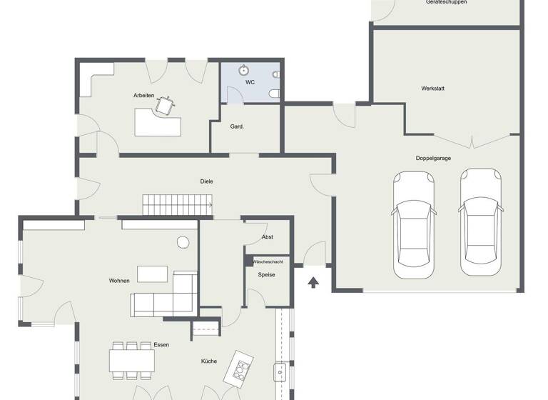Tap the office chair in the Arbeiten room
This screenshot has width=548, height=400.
[165, 105]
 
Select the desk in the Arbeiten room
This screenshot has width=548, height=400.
[158, 122]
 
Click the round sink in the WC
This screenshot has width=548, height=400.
[244, 70]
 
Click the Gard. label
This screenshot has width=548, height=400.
[237, 126]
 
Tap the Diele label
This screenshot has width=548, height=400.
[206, 181]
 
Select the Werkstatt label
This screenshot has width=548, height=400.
[432, 89]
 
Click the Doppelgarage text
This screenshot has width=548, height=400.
[433, 158]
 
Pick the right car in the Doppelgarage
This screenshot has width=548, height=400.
[480, 222]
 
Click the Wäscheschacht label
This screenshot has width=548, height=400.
[268, 262]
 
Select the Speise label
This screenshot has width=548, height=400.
[266, 274]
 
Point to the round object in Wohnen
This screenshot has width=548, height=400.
[183, 242]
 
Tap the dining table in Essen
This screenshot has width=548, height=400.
[132, 360]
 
